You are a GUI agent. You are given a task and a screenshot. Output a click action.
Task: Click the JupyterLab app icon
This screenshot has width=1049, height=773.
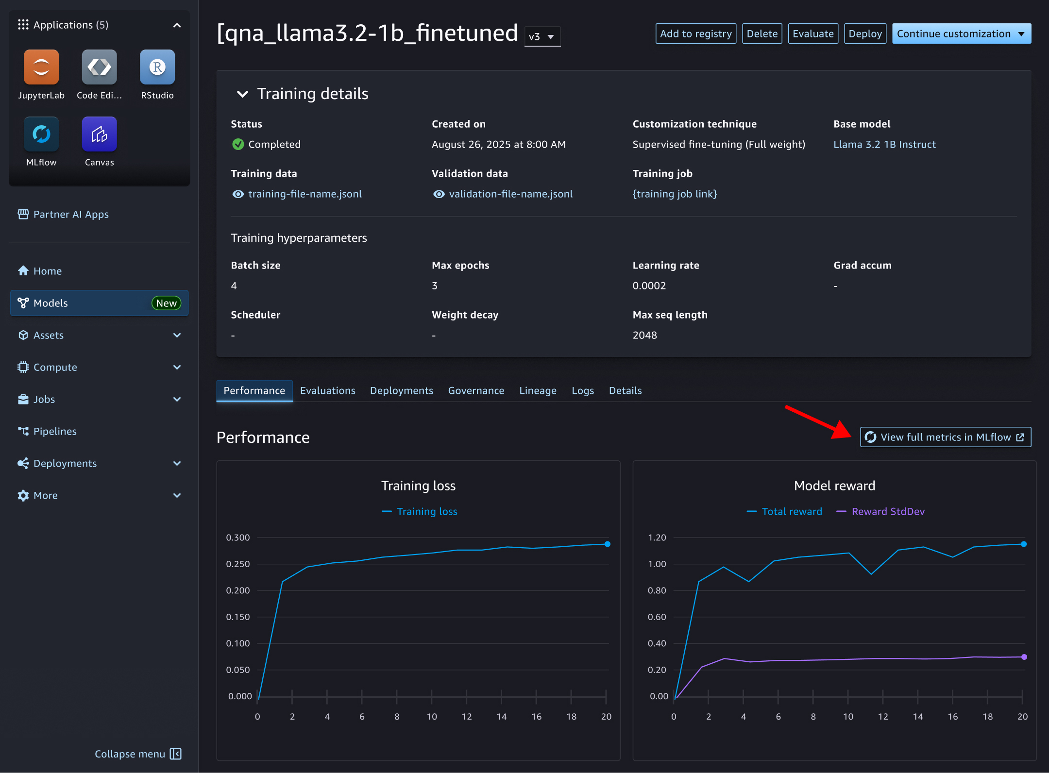pos(41,67)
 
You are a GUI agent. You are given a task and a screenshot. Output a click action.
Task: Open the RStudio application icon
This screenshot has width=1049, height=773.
pos(157,67)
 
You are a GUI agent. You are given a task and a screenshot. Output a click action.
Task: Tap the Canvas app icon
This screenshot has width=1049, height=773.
pos(99,134)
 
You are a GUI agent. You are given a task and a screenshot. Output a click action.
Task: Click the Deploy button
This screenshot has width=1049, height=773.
pos(865,34)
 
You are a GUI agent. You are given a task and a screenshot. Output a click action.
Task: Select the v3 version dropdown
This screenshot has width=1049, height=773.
pos(542,37)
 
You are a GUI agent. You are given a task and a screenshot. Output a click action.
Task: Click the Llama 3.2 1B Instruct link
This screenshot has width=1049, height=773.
pos(884,144)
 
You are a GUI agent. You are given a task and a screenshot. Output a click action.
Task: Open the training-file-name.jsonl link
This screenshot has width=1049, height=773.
pos(305,194)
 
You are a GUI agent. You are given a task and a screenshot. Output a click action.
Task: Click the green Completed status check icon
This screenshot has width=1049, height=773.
pos(238,144)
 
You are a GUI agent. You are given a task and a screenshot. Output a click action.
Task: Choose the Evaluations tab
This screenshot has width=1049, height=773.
pos(327,390)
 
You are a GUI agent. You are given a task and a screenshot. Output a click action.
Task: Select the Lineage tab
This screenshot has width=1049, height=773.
pos(538,390)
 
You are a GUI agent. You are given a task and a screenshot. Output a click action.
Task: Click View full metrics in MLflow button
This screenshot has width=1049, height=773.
pos(945,437)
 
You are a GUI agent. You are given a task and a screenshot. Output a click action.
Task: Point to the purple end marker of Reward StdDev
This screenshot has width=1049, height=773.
pos(1024,657)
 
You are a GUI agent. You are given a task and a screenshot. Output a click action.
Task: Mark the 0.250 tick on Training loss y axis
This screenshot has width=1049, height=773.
pos(238,564)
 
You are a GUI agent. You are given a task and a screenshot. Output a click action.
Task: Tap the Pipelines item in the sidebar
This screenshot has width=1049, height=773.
pos(54,431)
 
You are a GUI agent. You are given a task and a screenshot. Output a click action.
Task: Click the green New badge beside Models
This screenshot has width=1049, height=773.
pos(166,303)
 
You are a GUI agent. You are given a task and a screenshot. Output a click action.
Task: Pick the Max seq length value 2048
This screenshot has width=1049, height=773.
pos(644,335)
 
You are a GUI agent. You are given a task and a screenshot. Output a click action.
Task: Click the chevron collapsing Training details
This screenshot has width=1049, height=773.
pos(242,94)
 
